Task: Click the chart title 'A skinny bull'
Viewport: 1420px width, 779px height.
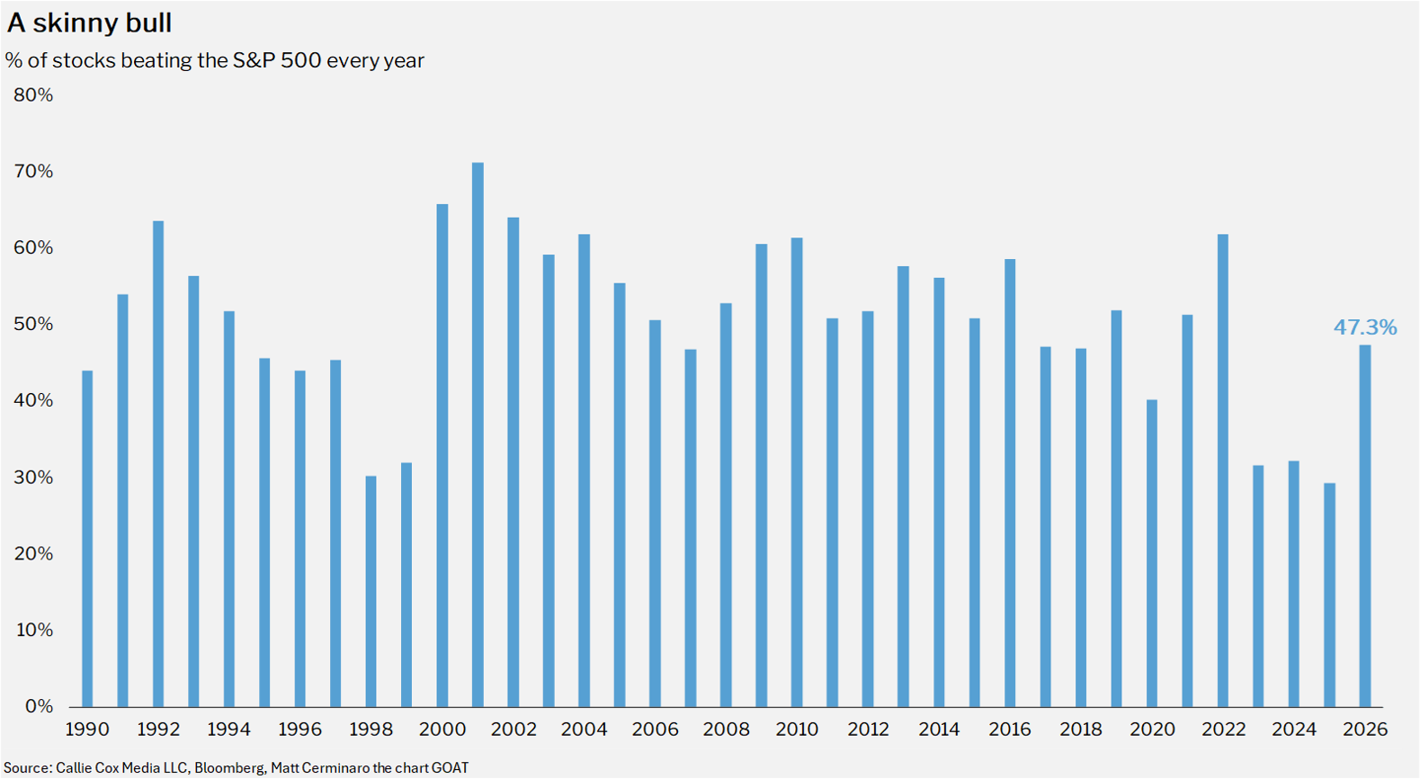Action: click(89, 23)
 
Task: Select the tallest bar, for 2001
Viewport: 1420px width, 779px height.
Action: click(478, 434)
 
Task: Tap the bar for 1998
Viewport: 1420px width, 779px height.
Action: click(371, 591)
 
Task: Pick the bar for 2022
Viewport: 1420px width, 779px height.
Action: click(1223, 470)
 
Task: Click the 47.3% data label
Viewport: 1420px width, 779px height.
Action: click(1365, 327)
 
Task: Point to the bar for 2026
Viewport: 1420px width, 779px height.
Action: click(1365, 526)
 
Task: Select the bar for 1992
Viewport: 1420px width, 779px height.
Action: click(158, 464)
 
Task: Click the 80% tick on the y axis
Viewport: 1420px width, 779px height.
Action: click(33, 95)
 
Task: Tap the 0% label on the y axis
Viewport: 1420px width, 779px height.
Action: click(40, 706)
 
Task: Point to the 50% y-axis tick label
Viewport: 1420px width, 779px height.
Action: click(33, 324)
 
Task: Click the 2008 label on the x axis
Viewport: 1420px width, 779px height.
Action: click(726, 730)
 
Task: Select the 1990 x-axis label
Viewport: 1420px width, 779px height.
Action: click(87, 730)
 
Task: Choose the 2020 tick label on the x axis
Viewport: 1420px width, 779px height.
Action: click(1152, 730)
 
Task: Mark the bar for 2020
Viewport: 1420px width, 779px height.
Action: click(1153, 553)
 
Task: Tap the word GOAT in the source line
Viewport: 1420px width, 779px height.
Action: click(450, 767)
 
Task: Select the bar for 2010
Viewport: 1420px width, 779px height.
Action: click(798, 472)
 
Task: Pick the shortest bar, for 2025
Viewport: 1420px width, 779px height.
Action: click(1330, 595)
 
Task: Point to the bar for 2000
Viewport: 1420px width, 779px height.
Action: click(442, 456)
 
